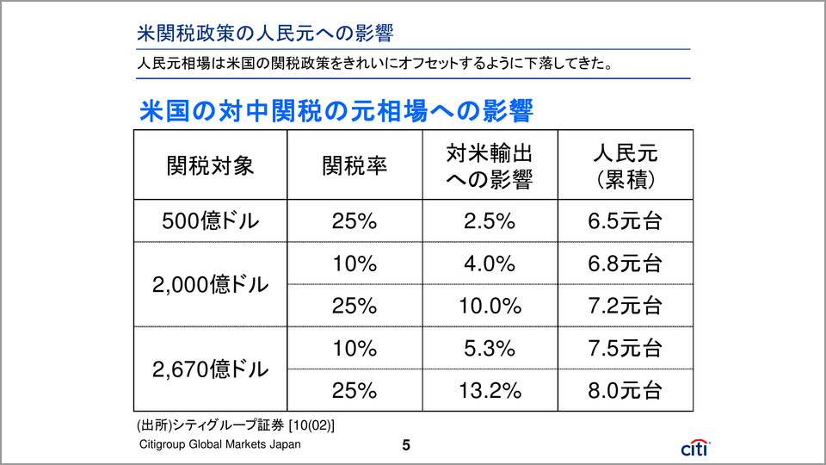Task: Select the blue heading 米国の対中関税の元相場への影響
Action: [336, 112]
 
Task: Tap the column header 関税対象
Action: [211, 165]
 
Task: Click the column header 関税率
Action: [354, 165]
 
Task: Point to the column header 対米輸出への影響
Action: [489, 165]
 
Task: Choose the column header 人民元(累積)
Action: [626, 165]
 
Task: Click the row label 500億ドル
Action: [211, 221]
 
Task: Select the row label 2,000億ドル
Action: [211, 285]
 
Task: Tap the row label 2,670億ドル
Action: [211, 369]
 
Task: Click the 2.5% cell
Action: [489, 221]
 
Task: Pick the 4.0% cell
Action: [489, 263]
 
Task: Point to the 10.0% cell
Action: [489, 306]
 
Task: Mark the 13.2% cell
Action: [489, 391]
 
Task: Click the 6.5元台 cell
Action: [626, 221]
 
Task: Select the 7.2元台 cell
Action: [626, 306]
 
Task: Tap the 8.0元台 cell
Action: [626, 391]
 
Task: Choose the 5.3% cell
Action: [489, 349]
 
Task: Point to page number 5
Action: [407, 445]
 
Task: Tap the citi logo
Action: [694, 447]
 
